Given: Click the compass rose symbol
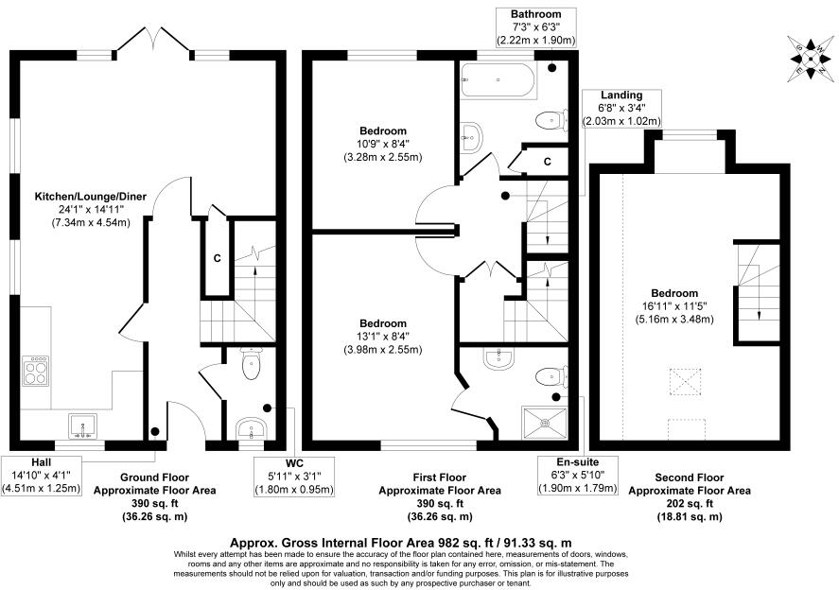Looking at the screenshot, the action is tap(810, 59).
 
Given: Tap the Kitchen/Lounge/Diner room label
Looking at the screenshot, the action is tap(91, 209).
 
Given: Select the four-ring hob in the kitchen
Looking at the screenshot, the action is tap(36, 371).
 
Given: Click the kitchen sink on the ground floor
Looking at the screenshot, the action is tap(83, 426).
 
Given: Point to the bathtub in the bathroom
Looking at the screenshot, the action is tap(498, 80).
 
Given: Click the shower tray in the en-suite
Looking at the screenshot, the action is tap(545, 423).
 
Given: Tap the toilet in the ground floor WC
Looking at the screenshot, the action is tap(251, 363).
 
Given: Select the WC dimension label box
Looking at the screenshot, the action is tap(294, 477).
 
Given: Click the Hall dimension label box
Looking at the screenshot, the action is tap(42, 476).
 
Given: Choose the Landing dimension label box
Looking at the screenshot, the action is tap(621, 108).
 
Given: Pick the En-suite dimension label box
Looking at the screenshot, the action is tap(578, 476).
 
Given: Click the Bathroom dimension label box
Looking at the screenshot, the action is tap(536, 27).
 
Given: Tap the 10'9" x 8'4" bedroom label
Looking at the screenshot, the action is tap(383, 144).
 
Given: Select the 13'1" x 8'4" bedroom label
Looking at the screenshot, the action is tap(383, 337).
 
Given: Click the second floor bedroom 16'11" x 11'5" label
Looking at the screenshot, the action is tap(674, 306).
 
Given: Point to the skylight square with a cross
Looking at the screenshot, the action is tap(686, 382).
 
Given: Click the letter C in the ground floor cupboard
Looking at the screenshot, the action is tap(218, 258).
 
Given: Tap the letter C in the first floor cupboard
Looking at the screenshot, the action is tap(548, 162).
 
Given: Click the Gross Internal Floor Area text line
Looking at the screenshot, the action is tap(401, 543).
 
